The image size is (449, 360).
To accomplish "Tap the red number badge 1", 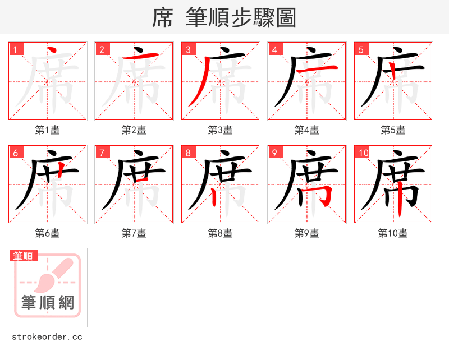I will click(x=16, y=49).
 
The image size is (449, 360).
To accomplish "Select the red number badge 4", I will click(x=275, y=49).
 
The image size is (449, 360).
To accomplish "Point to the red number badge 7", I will click(x=102, y=153).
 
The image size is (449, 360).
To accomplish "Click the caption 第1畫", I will click(x=48, y=130).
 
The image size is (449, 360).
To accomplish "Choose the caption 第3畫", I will click(x=221, y=130).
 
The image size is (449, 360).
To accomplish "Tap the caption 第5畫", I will click(x=393, y=130).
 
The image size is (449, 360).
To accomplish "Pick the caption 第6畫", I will click(x=48, y=233).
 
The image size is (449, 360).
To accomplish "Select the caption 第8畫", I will click(x=221, y=233).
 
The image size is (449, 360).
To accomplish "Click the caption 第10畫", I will click(x=393, y=233).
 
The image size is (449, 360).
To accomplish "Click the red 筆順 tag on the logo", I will click(x=24, y=256).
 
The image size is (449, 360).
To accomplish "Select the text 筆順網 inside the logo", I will click(x=48, y=303).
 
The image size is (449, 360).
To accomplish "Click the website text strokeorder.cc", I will click(x=48, y=337).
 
